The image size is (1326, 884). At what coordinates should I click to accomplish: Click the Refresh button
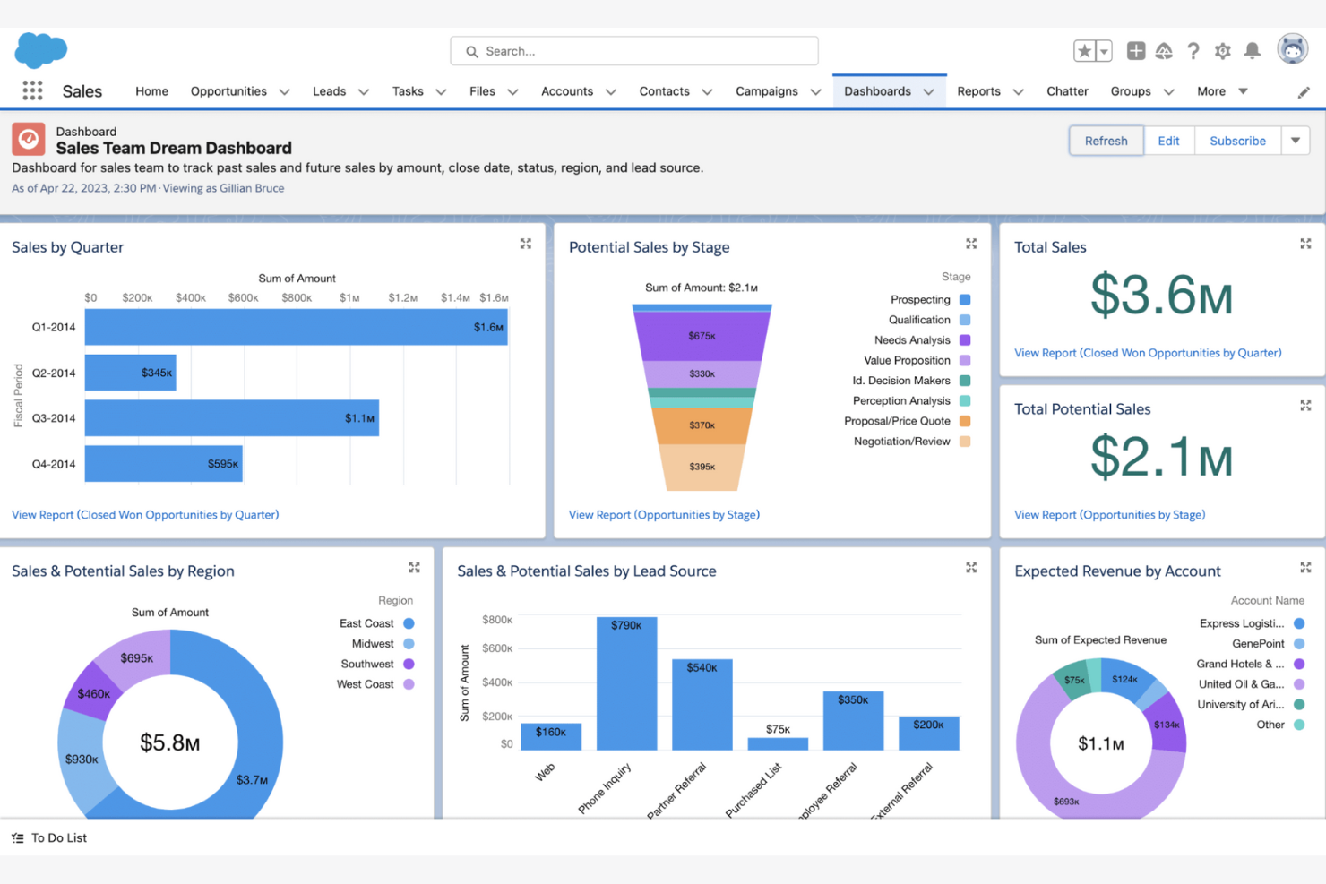coord(1106,141)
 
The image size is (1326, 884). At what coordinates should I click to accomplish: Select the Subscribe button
coord(1237,141)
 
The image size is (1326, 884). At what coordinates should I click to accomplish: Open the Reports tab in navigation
coord(978,91)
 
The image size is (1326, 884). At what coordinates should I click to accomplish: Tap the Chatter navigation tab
coord(1067,91)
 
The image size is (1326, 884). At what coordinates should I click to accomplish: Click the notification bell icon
coord(1253,51)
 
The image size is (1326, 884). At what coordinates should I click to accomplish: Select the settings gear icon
coord(1222,51)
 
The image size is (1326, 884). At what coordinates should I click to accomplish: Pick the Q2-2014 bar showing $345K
coord(130,373)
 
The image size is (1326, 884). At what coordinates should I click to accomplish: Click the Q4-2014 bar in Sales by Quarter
coord(163,464)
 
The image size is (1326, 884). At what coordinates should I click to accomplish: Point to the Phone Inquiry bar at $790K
coord(626,682)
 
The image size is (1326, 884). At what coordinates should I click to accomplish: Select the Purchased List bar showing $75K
coord(778,743)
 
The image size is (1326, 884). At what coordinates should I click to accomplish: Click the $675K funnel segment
coord(702,336)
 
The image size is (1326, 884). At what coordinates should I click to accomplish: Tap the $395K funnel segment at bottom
coord(702,467)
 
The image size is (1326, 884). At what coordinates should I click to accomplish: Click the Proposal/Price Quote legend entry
coord(897,421)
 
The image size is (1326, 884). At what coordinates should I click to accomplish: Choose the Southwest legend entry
coord(367,664)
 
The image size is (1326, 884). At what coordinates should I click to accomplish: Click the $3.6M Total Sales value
coord(1161,296)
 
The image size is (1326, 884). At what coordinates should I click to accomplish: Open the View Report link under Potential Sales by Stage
coord(664,515)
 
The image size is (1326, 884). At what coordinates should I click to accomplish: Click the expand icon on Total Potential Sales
coord(1305,406)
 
